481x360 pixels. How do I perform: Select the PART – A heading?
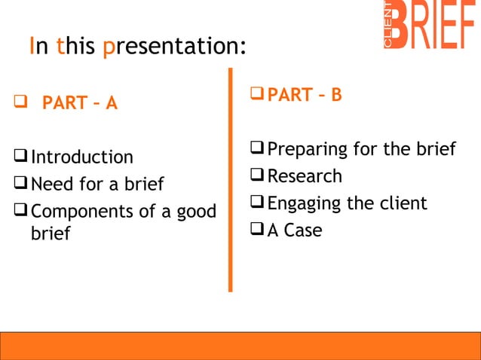[79, 103]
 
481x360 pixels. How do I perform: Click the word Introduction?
[81, 157]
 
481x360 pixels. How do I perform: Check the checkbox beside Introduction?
[20, 157]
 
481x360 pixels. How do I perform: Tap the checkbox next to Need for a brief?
[20, 185]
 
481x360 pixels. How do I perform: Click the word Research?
[305, 176]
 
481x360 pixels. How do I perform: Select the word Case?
[302, 230]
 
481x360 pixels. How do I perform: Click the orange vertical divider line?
[231, 181]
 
